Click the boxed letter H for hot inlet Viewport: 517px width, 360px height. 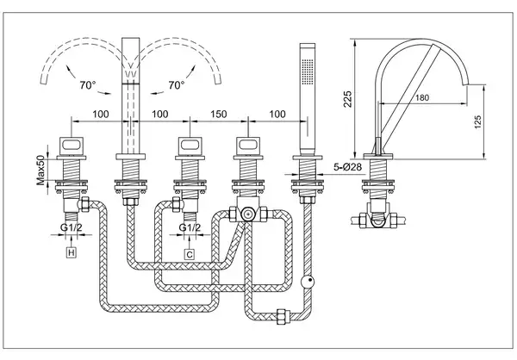[x=72, y=253]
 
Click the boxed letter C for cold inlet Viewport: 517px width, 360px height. [x=190, y=254]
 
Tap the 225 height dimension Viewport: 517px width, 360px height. [x=347, y=99]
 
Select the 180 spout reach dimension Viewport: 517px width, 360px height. [x=422, y=97]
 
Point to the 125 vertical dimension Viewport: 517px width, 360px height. [x=477, y=121]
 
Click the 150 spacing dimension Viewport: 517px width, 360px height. [x=219, y=114]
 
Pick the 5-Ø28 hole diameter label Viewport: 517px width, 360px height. [x=347, y=167]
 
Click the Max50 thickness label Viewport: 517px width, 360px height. [x=40, y=170]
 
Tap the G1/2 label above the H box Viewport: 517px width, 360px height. [x=72, y=227]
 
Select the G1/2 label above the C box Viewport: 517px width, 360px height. [x=190, y=227]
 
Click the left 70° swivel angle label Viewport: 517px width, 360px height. [x=87, y=85]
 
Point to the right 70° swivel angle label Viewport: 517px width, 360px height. [x=176, y=85]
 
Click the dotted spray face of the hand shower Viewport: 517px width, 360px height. [x=308, y=71]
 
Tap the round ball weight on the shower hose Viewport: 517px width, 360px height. [x=308, y=282]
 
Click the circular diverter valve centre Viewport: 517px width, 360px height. [x=246, y=214]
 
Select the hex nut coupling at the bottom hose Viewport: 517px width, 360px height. [x=283, y=316]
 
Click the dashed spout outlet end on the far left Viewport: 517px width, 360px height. [x=44, y=80]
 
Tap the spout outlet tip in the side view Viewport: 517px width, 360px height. [x=466, y=84]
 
